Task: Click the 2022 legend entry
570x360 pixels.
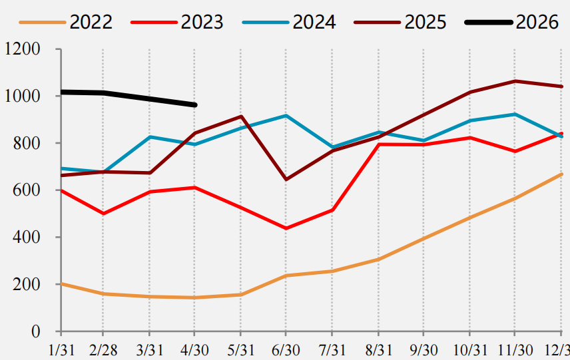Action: coord(66,22)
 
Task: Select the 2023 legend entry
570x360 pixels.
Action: coord(177,22)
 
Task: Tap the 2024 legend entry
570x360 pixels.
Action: coord(289,22)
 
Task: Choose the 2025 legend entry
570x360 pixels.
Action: coord(400,22)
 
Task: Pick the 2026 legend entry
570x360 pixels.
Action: coord(512,22)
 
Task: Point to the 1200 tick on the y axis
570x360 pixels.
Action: coord(22,49)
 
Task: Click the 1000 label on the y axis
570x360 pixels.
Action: coord(22,96)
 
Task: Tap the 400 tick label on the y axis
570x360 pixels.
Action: coord(27,237)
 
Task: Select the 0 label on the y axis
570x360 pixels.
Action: coord(36,331)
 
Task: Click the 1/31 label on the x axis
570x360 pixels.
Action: coord(61,350)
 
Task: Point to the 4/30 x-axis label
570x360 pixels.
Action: coord(194,350)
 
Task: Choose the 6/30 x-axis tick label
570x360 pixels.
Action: coord(286,350)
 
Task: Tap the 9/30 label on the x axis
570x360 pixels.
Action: coord(424,350)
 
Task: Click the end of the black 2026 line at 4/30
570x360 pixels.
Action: coord(195,105)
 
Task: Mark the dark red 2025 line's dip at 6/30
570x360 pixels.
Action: coord(286,180)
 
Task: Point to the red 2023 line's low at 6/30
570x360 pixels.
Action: coord(286,228)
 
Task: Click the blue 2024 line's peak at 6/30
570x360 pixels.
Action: coord(286,116)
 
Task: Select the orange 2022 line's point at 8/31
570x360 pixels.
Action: coord(378,260)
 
